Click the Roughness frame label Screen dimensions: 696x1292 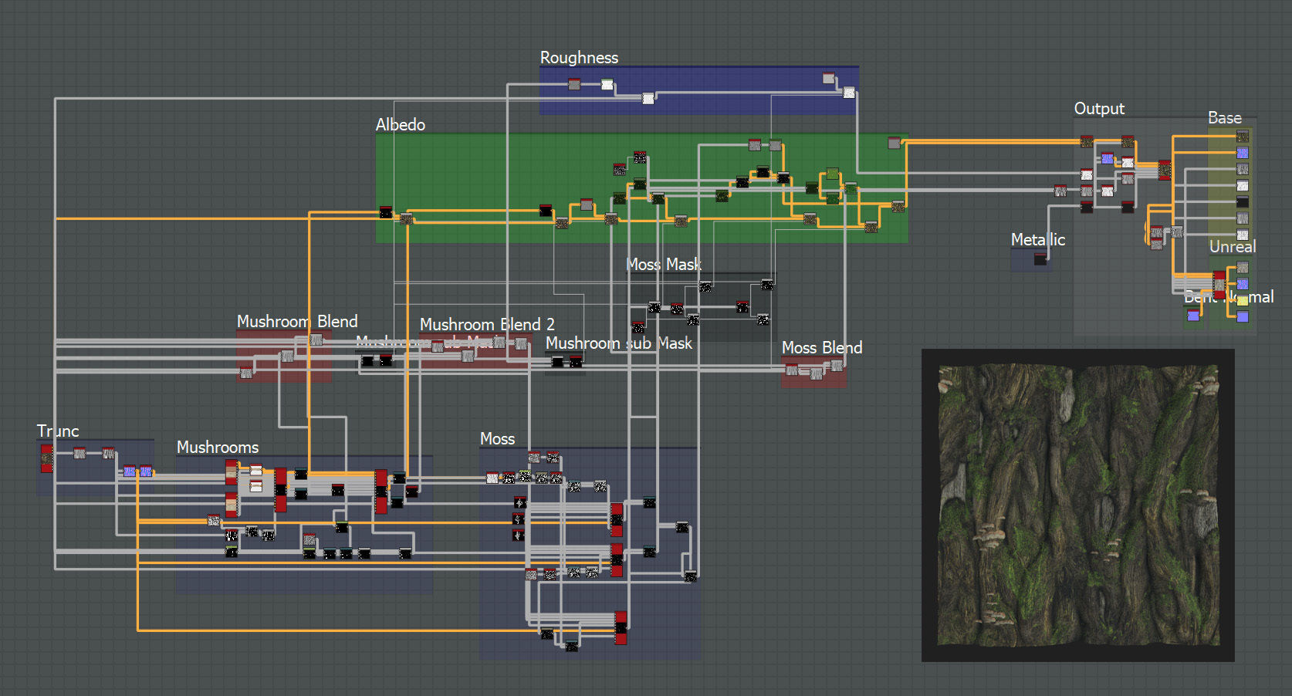[579, 58]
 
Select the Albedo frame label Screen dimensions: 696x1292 [400, 125]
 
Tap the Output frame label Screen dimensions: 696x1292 [1099, 109]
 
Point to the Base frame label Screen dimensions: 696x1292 [1224, 118]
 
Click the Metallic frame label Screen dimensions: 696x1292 [1037, 240]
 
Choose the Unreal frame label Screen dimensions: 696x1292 [1232, 247]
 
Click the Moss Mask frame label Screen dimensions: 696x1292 [663, 265]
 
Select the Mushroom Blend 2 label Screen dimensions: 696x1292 [487, 325]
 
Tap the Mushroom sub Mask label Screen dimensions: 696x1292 [618, 343]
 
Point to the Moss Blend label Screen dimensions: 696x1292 [821, 348]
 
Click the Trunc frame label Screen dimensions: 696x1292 [58, 431]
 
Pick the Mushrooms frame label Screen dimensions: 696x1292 [218, 448]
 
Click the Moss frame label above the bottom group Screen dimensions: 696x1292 [497, 439]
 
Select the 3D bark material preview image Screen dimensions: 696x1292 [1078, 505]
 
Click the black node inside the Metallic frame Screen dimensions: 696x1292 [1040, 260]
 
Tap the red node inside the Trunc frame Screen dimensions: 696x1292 [47, 458]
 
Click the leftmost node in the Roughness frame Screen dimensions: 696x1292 [574, 84]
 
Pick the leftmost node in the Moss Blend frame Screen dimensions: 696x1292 [791, 370]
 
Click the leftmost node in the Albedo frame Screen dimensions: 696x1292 [386, 212]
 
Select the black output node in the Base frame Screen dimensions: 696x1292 [1243, 202]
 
